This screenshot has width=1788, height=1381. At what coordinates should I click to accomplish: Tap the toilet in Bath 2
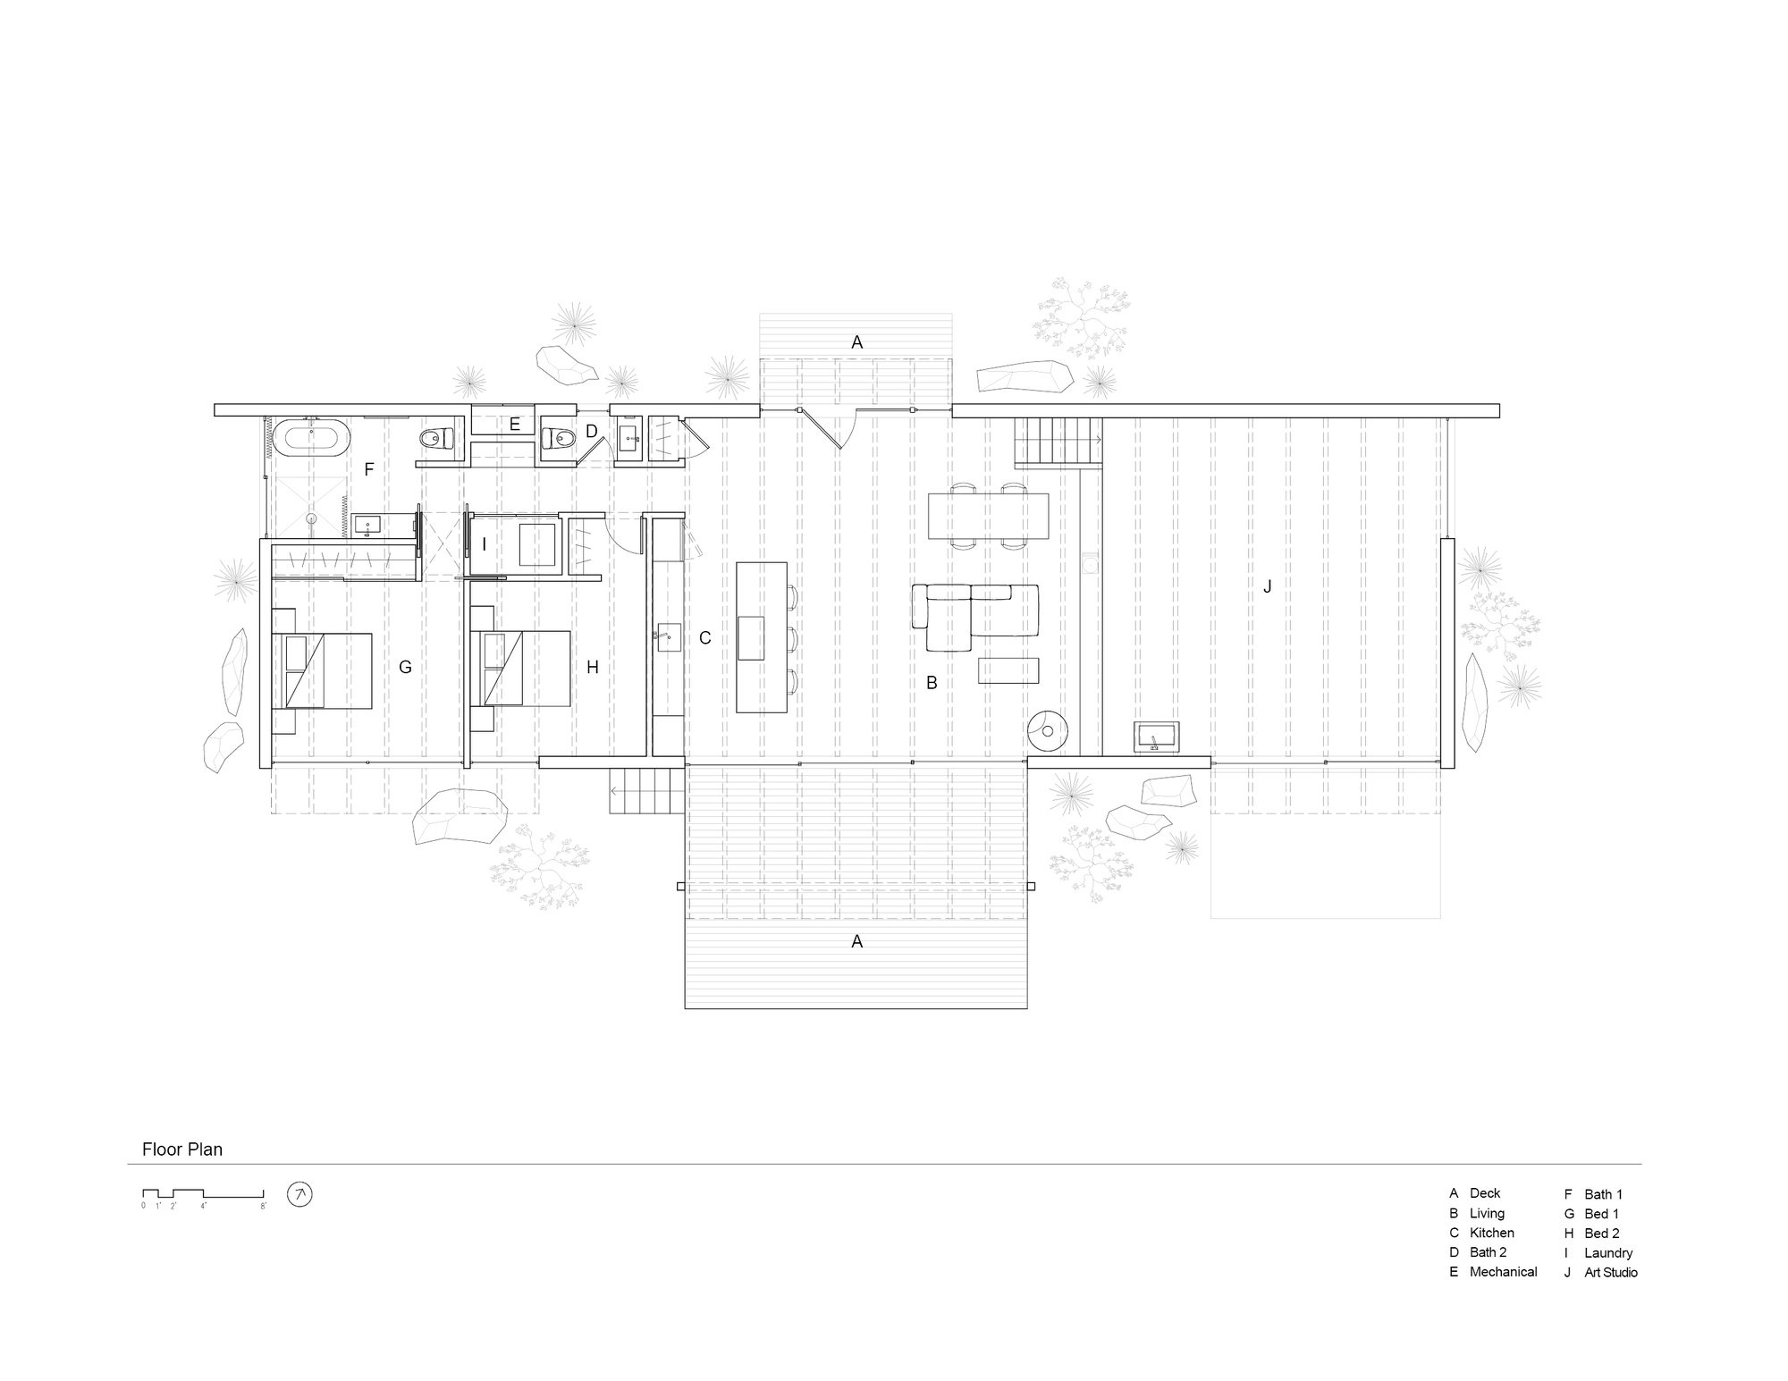pos(558,438)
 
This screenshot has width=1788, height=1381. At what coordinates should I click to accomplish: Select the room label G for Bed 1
pos(405,667)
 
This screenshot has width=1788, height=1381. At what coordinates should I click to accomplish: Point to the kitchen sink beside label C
pos(667,637)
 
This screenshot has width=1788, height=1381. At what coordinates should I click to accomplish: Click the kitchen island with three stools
pos(760,636)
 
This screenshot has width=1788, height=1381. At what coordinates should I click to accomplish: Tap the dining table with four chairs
pos(988,516)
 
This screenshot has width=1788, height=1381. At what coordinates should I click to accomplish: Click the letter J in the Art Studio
pos(1267,586)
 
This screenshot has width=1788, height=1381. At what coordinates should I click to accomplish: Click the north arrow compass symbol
pos(299,1194)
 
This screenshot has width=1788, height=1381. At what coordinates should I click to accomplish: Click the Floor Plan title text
pos(182,1149)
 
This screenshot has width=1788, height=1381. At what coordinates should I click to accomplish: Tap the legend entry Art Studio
pos(1611,1272)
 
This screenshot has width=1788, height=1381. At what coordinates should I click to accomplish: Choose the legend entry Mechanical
pos(1503,1271)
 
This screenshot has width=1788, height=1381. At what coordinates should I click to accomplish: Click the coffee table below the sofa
pos(1008,669)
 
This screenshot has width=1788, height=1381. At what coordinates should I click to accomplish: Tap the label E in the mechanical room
pos(515,425)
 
